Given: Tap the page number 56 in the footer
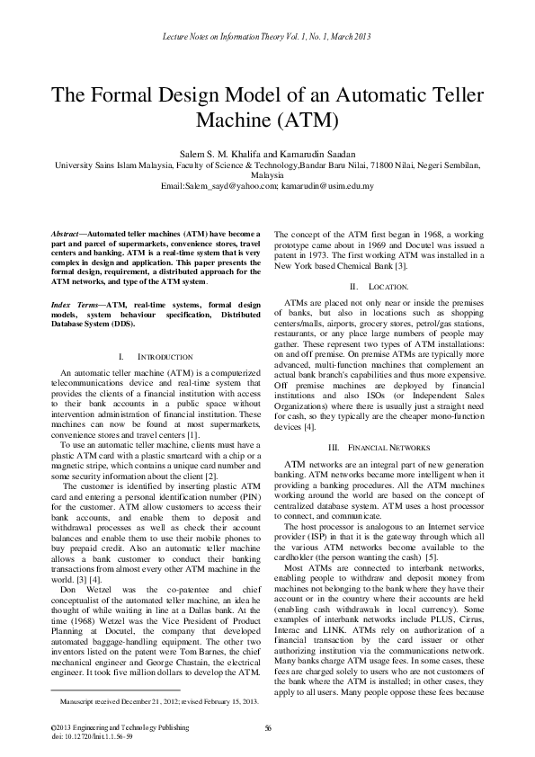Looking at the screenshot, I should coord(267,727).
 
